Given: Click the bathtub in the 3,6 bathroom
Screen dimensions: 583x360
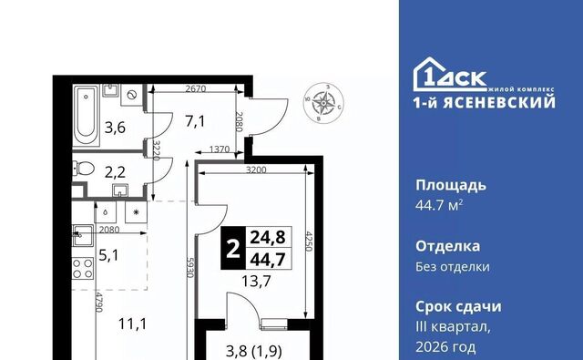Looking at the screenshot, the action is coord(86,116).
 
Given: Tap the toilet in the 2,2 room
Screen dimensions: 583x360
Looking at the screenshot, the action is coord(83,168).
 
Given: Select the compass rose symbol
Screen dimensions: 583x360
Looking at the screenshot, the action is coord(323,101).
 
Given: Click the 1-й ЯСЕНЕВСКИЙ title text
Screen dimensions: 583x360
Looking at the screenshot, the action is coord(485,102).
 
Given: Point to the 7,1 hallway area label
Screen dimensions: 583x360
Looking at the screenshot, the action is coord(195,121).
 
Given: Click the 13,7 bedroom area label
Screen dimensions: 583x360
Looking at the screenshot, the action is coord(256,281).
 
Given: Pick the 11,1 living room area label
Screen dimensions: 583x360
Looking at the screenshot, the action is coord(132,324).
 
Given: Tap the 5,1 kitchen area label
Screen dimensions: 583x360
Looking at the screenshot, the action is coord(108,255).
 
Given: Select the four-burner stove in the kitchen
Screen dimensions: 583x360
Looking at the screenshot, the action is coord(83,268).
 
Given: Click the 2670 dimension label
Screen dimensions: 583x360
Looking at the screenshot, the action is coord(196,88).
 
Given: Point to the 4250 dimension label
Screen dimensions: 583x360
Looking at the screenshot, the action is coord(309,241).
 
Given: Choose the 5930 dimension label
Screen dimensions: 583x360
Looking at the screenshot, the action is coord(190,268).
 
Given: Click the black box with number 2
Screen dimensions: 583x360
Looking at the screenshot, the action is coord(233,248).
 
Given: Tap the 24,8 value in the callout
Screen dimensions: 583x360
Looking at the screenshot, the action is coord(268,237).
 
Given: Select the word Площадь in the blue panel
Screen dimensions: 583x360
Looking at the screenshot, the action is coord(451,185).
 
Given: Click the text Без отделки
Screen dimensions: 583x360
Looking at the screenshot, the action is coord(453,266).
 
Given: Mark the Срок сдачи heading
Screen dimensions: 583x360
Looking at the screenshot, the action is coord(458,306).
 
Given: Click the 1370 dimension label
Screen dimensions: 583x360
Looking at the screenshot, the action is coord(220,149).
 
